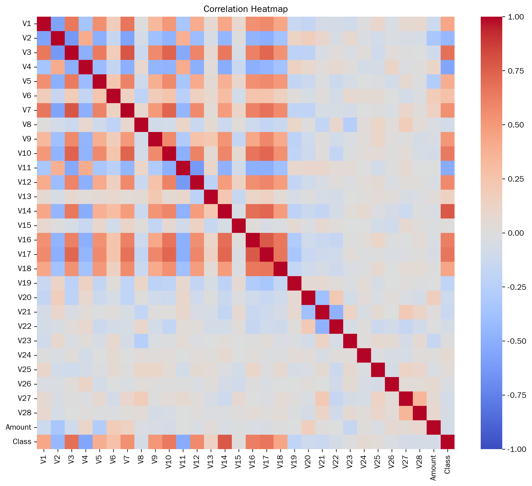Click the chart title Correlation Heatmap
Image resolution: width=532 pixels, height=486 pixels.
pyautogui.click(x=246, y=9)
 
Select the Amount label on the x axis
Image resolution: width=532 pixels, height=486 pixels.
pyautogui.click(x=433, y=469)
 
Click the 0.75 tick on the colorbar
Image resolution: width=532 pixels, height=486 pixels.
pyautogui.click(x=516, y=71)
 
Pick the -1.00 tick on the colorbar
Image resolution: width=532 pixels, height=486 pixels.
pyautogui.click(x=516, y=449)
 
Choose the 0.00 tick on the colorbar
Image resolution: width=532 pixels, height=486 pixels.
pyautogui.click(x=516, y=233)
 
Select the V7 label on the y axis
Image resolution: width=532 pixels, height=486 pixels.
pyautogui.click(x=27, y=110)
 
